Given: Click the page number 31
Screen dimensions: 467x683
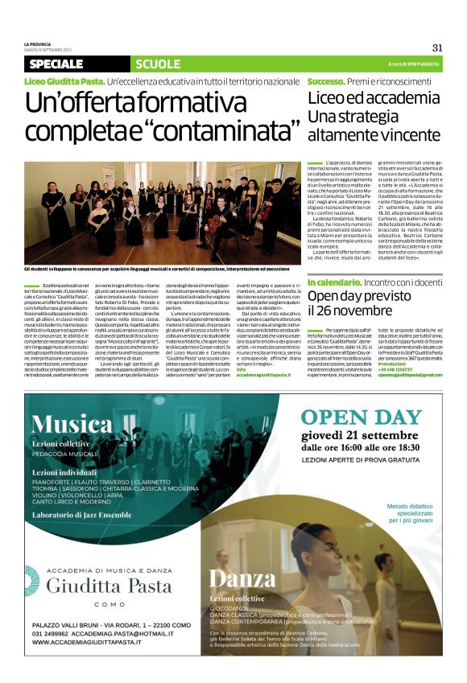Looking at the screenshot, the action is [437, 47].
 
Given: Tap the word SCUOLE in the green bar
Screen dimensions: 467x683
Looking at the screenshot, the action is [158, 64].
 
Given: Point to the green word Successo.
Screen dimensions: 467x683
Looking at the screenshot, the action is [325, 81].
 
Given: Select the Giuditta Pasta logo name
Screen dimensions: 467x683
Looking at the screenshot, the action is [109, 586].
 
